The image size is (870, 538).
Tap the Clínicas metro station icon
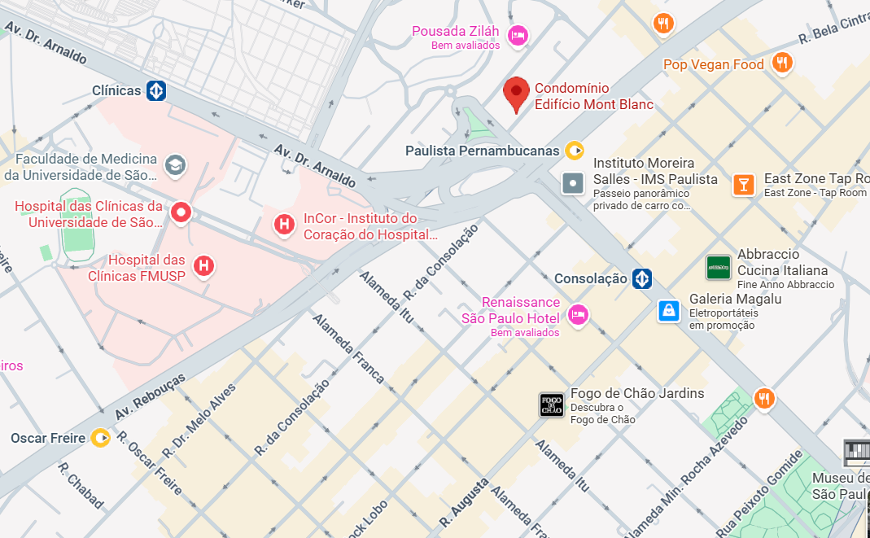pos(156,90)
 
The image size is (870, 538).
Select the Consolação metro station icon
pos(642,278)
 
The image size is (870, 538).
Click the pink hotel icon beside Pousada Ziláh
pos(517,35)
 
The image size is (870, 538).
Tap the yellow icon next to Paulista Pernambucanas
pos(575,150)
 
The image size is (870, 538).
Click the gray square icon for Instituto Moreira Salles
pos(574,183)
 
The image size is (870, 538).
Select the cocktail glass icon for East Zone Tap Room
pos(743,184)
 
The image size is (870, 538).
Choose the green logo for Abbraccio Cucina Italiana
pos(718,266)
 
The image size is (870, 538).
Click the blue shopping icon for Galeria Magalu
pos(669,310)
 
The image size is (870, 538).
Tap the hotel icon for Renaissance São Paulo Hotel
pos(578,314)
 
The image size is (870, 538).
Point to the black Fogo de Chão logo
pos(551,405)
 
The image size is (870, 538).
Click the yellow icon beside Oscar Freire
pos(100,438)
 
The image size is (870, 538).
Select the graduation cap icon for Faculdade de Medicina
pos(174,166)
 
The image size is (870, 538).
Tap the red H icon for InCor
pos(284,224)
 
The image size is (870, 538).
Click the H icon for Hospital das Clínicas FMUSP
pos(203,265)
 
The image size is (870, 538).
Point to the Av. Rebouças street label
pos(150,397)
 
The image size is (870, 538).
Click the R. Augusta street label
pos(465,501)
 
